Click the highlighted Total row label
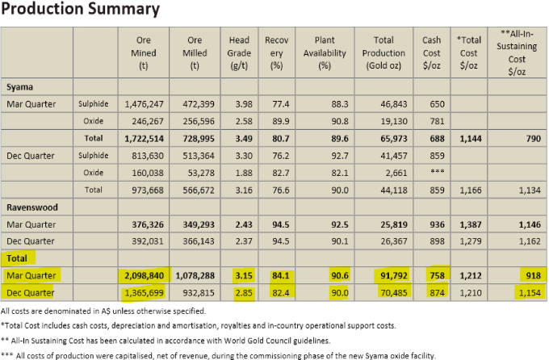point(18,257)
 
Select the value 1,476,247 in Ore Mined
point(146,104)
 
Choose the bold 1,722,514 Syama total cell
point(145,139)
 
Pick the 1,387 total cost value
point(473,224)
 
